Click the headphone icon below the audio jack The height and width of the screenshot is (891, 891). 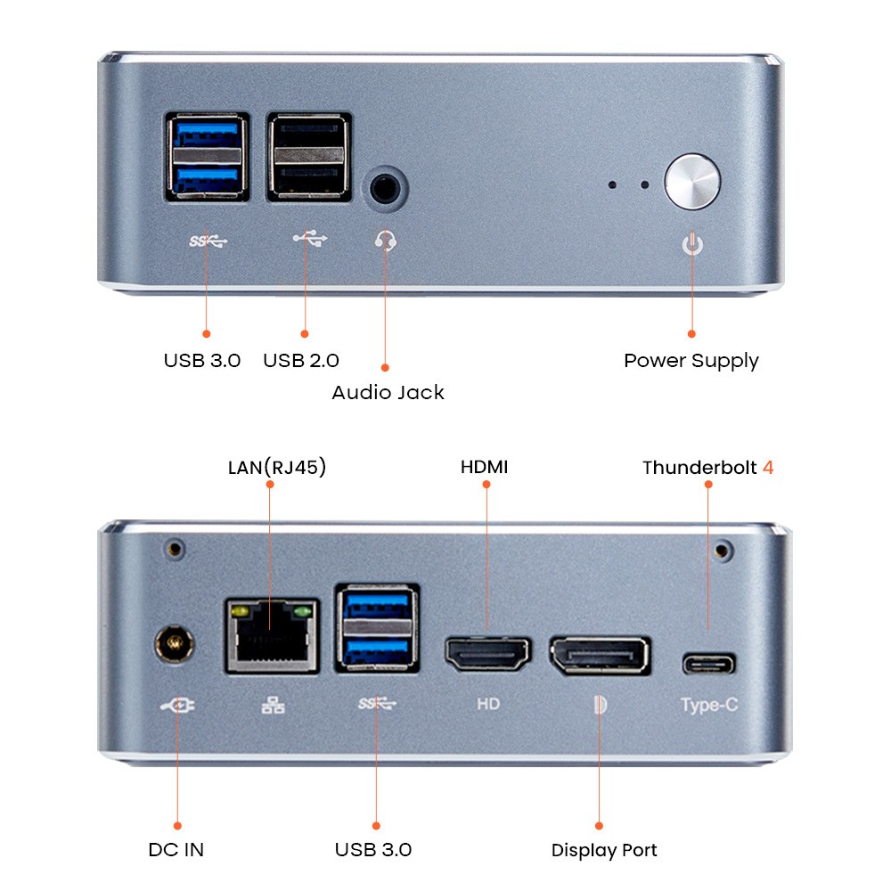click(386, 241)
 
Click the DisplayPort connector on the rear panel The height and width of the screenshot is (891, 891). click(600, 656)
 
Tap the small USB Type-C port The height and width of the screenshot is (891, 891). click(709, 664)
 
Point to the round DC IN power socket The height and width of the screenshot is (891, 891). click(176, 644)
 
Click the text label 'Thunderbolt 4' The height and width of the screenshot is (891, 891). click(707, 467)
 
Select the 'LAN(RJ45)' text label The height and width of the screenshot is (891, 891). click(277, 467)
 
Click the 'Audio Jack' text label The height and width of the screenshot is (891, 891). click(388, 392)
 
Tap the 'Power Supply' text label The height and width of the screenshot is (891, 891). click(691, 361)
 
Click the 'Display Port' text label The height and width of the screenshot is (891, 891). click(604, 850)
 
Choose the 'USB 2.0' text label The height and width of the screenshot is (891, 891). click(301, 361)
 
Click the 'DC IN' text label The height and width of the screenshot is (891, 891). click(176, 850)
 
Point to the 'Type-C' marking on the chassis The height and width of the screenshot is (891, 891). click(709, 705)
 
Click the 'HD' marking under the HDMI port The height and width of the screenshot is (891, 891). click(487, 704)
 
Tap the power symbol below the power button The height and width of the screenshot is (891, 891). click(692, 242)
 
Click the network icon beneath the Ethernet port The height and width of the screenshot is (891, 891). click(273, 706)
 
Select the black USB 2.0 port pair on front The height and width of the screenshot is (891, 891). click(308, 157)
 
